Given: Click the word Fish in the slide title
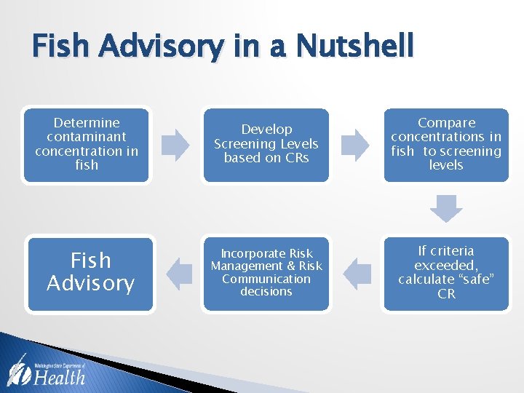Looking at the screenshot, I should tap(63, 47).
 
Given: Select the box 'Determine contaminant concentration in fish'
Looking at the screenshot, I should tap(87, 144).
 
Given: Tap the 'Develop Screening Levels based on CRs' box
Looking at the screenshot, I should tap(266, 144).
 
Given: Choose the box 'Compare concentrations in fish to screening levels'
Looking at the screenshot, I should tap(446, 144).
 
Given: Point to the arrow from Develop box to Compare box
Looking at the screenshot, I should tap(356, 144).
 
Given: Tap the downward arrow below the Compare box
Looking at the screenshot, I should tap(445, 208).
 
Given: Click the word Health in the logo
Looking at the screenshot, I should tap(60, 376).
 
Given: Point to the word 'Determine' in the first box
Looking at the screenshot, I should tap(87, 123).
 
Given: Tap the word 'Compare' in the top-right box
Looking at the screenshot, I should tap(446, 123).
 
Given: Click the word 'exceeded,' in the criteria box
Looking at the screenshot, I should tap(446, 266).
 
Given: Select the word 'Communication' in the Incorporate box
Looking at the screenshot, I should tap(266, 279).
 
